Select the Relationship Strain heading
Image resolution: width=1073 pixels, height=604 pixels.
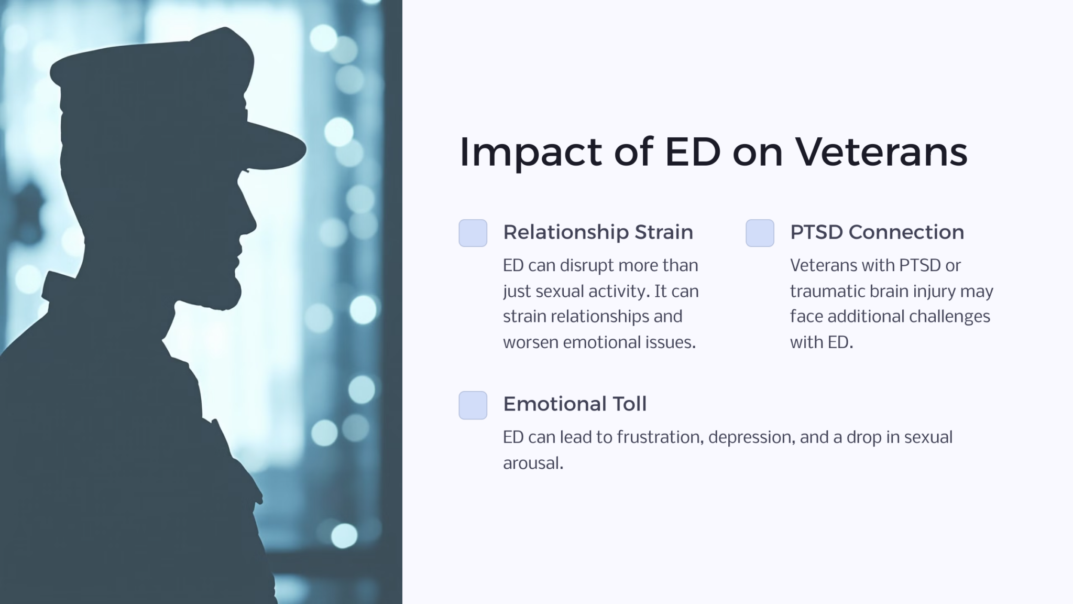coord(598,232)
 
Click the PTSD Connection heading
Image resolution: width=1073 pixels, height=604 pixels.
coord(877,232)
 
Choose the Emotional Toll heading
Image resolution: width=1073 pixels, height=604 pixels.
coord(575,404)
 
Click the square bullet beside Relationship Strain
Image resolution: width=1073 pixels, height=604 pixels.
coord(473,233)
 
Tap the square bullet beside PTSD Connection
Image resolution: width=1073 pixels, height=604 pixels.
coord(760,233)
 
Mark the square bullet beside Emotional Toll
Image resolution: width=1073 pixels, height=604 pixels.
coord(473,405)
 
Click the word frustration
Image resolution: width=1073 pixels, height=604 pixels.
coord(660,437)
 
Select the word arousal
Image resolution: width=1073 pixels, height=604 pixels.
coord(532,463)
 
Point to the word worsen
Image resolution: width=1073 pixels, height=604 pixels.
coord(530,342)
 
